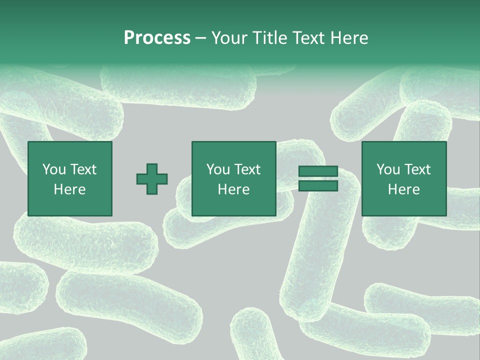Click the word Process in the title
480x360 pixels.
157,38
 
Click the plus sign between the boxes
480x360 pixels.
152,179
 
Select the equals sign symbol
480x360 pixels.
318,178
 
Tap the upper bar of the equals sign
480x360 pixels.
318,171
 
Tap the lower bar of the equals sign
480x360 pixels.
318,185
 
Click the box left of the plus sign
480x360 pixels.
70,178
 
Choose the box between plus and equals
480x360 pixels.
234,178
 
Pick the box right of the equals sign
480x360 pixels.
404,178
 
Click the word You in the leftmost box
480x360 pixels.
54,169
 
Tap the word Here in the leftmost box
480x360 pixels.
70,189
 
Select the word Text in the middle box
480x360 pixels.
247,169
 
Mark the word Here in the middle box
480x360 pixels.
234,189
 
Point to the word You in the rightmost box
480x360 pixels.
388,169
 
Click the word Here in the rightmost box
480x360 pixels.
404,189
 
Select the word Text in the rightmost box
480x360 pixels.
417,169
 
